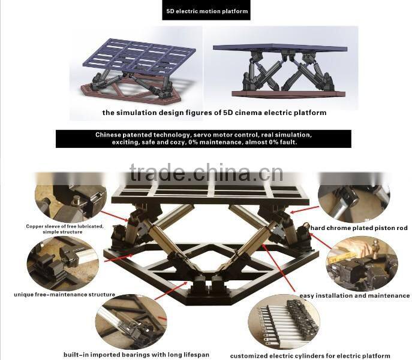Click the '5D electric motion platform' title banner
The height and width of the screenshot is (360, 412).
pos(206,10)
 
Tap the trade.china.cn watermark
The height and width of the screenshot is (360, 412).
pos(206,173)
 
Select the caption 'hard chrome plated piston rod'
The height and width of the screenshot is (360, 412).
pos(359,228)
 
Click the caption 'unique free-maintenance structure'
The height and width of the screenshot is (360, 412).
pos(64,294)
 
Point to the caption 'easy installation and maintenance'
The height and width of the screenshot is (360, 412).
pos(354,296)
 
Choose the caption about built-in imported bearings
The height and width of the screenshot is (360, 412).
pos(136,355)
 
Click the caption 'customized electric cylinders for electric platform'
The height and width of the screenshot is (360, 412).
pos(310,356)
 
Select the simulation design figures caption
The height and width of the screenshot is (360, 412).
pos(215,113)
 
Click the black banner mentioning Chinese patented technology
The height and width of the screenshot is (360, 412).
pos(203,139)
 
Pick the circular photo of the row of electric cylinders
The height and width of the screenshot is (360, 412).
pos(284,324)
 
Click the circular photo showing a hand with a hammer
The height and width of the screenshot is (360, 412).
pos(362,264)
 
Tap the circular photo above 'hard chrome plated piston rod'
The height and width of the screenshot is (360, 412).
pos(354,203)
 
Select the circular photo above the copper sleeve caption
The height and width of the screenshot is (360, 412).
pos(71,203)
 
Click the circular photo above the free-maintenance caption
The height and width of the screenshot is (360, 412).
pos(63,263)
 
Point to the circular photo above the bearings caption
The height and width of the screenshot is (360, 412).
pos(131,322)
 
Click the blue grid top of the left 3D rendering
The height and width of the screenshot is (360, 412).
pos(139,56)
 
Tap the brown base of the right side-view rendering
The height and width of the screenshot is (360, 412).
pos(288,94)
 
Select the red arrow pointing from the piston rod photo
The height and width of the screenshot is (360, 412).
pos(304,209)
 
